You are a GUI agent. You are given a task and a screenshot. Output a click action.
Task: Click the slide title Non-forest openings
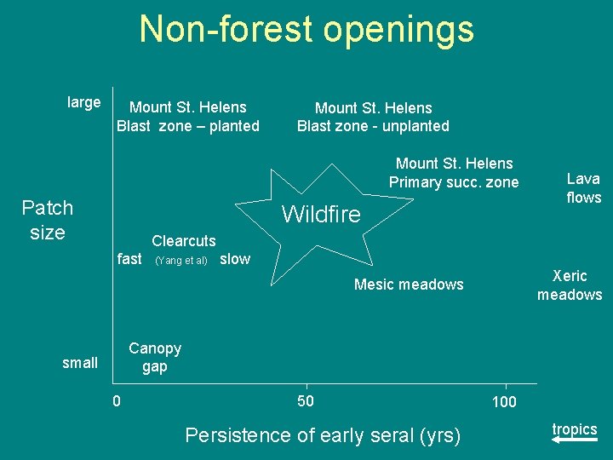coord(306,29)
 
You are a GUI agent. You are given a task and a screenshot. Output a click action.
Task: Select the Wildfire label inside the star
coord(321,214)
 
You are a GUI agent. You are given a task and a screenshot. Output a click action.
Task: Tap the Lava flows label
coord(583,188)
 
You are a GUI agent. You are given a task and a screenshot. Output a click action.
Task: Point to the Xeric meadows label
coord(569,285)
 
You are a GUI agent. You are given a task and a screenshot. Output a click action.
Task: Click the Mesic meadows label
coord(409,285)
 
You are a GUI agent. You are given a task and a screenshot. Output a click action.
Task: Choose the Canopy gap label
coord(154,358)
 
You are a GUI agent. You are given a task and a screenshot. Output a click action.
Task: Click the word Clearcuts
coord(183,241)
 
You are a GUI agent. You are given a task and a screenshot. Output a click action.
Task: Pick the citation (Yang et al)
coord(180,261)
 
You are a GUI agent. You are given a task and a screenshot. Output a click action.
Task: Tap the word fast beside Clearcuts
coord(129,259)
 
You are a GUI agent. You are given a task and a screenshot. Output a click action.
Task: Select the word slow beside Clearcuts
coord(235,259)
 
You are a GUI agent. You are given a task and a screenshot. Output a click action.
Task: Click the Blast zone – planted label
coord(187,117)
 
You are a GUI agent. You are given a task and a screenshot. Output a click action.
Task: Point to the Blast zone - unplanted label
coord(373,118)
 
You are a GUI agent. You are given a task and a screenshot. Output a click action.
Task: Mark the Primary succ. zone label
coord(454,173)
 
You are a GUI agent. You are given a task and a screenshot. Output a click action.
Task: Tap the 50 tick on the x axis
coord(305,401)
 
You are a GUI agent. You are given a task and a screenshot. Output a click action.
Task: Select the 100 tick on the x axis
coord(504,401)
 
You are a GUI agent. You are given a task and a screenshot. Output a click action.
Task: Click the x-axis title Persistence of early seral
coord(323,435)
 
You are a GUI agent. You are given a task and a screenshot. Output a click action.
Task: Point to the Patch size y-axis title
coord(48,220)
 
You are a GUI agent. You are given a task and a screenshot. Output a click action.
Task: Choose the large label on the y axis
coord(83,103)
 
